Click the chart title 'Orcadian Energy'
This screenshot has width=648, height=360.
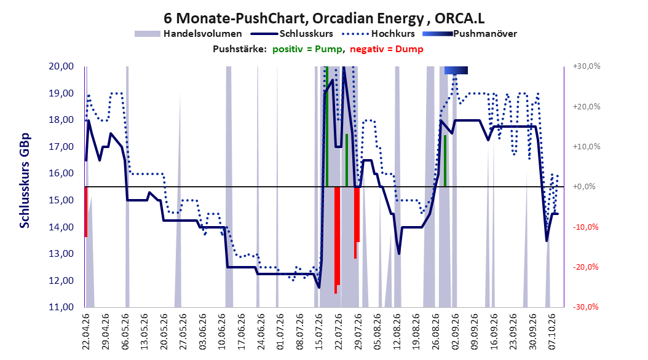(368, 18)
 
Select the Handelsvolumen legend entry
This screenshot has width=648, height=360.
(189, 34)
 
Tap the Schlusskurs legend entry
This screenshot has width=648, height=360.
(292, 34)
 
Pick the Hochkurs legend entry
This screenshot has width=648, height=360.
(379, 34)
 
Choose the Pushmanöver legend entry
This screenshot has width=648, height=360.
(470, 34)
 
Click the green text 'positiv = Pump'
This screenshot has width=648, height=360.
(307, 49)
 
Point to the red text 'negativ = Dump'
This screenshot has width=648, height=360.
(387, 49)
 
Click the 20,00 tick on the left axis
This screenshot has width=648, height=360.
(61, 66)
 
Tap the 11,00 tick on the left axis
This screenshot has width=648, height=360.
(61, 307)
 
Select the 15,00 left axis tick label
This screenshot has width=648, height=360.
(61, 200)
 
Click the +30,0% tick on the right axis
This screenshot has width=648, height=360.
(587, 66)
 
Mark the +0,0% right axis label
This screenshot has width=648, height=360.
(584, 187)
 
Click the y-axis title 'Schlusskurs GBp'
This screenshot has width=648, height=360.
(25, 181)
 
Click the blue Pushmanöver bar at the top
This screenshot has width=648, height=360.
(456, 70)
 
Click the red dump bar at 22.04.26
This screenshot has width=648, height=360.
(86, 212)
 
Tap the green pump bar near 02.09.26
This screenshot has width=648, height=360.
(445, 161)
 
